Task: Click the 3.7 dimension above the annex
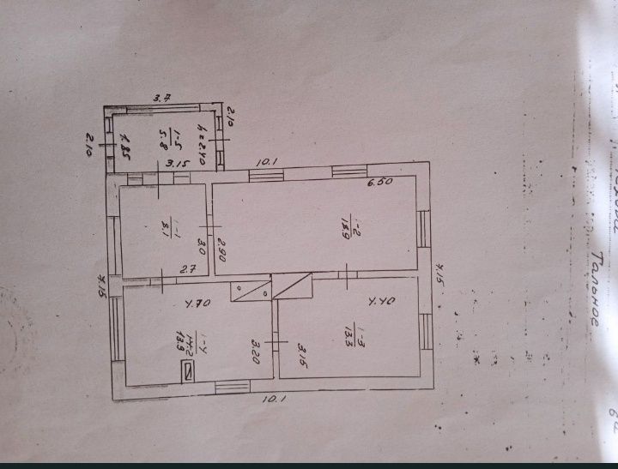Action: [x=162, y=99]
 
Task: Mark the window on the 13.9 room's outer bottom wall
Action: [x=231, y=388]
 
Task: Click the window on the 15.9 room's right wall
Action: [x=423, y=230]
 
